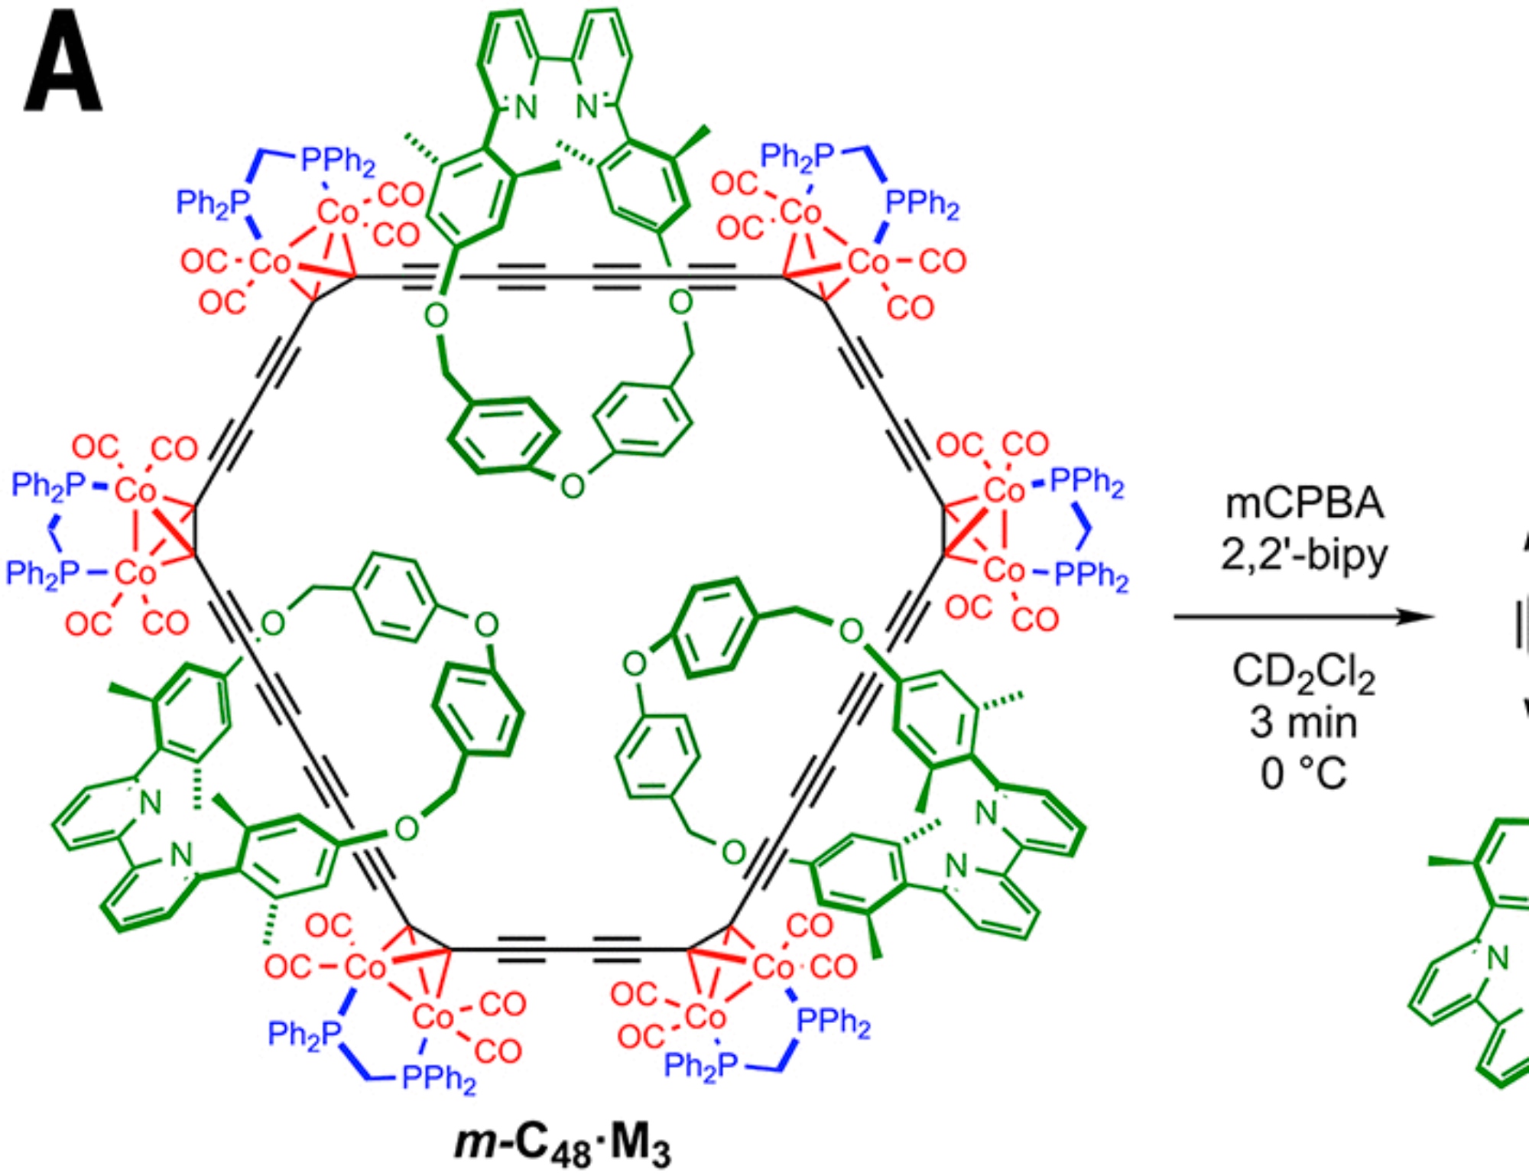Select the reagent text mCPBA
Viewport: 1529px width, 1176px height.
coord(1304,504)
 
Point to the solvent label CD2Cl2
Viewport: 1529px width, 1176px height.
coord(1304,674)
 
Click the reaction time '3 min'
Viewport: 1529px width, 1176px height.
coord(1304,723)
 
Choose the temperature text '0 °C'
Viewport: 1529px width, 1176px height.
coord(1304,773)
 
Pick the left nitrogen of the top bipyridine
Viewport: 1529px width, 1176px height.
coord(526,108)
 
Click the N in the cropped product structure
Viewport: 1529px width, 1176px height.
coord(1498,957)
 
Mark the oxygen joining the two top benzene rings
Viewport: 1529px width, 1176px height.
coord(572,486)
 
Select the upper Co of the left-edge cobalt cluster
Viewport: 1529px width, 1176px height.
coord(135,490)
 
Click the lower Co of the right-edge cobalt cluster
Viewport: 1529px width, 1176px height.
coord(1003,570)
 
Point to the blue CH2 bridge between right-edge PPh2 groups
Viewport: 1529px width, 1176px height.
coord(1083,528)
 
